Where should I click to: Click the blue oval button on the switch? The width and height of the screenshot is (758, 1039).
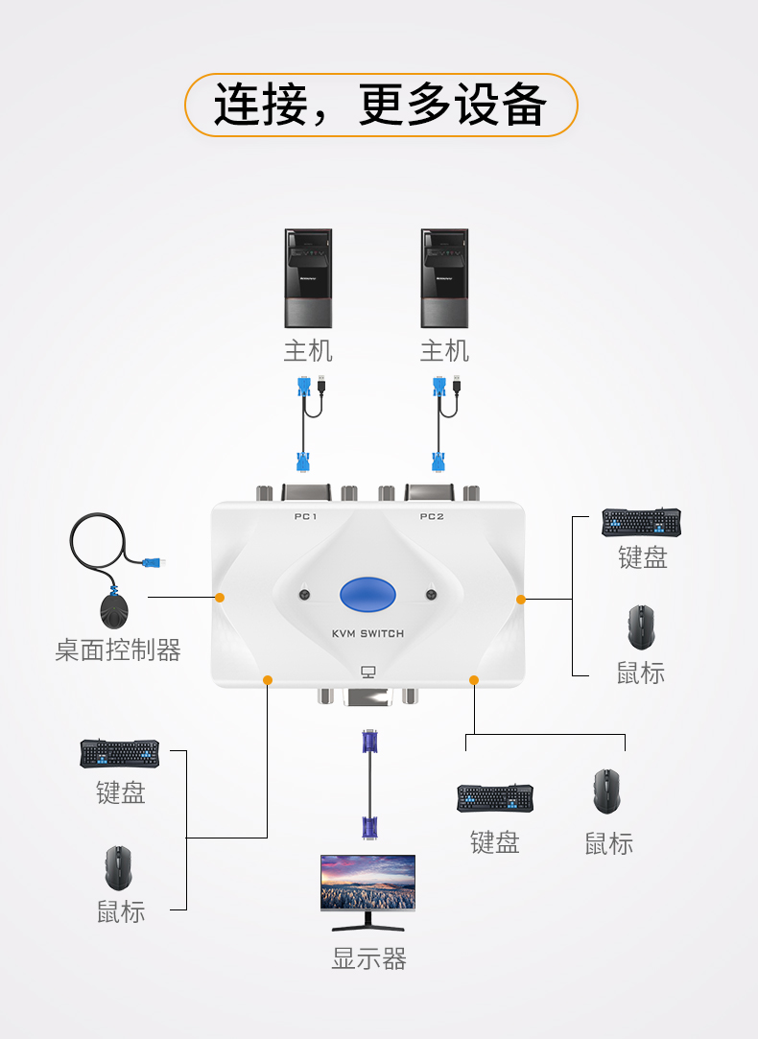coord(367,595)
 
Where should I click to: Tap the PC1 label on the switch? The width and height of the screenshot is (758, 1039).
coord(305,516)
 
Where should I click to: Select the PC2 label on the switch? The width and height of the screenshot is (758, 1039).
coord(432,516)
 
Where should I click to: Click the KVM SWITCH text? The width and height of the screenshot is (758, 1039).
coord(367,633)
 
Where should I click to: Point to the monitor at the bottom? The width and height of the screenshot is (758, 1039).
coord(367,892)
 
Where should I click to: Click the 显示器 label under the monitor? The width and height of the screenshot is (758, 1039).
coord(368,958)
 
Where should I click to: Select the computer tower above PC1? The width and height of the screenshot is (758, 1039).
coord(308,278)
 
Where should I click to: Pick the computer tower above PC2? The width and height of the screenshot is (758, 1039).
coord(444,278)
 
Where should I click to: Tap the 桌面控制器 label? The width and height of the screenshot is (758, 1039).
coord(118,650)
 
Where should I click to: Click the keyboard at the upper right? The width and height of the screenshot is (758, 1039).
coord(641,522)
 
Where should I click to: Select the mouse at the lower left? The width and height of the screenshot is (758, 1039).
coord(119,867)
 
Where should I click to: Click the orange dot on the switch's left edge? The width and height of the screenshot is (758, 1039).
coord(220,598)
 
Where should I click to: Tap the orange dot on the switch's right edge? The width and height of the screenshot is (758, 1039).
coord(521,599)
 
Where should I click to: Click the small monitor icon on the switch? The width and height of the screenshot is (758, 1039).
coord(368,673)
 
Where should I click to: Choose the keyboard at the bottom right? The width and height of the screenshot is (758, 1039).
coord(495,798)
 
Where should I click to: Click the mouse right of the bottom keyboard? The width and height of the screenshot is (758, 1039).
coord(607,791)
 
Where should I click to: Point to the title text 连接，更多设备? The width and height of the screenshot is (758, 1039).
coord(380,105)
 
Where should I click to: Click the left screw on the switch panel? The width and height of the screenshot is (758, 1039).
coord(304,595)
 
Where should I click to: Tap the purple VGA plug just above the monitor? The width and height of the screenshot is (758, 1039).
coord(369,828)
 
